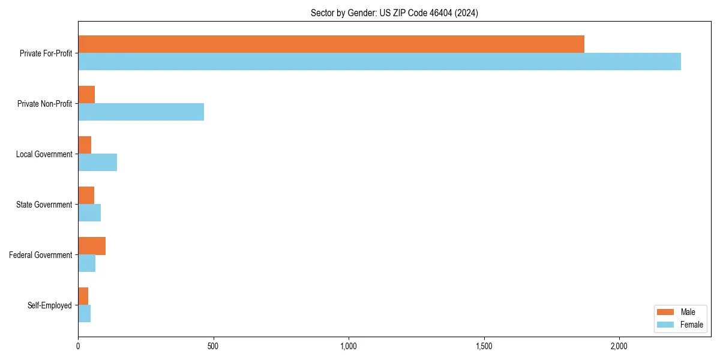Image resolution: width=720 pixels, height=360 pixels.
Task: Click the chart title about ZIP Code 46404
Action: (x=394, y=13)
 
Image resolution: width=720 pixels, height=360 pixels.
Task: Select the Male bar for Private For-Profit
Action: (x=331, y=44)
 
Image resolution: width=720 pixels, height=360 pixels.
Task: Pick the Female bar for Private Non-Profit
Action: (x=141, y=112)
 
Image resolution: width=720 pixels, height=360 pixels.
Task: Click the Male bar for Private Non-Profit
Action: (x=86, y=95)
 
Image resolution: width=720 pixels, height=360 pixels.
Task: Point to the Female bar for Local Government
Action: (x=97, y=163)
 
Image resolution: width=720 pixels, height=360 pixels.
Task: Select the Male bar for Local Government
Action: (x=85, y=145)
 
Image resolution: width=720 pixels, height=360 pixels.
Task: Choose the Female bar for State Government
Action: (x=89, y=213)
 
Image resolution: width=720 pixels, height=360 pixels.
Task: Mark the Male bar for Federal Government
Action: (x=92, y=246)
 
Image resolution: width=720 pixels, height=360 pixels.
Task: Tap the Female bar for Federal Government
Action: (x=86, y=263)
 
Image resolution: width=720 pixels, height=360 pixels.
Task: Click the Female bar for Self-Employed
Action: (x=84, y=314)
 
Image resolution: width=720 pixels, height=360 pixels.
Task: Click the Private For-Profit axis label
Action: (x=46, y=53)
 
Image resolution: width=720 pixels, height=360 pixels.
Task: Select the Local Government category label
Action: (x=44, y=154)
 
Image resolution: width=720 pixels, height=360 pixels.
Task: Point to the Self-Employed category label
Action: (x=49, y=305)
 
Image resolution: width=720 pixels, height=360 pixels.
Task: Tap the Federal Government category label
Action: (x=40, y=255)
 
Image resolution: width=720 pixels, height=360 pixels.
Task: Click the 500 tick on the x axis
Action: (x=213, y=346)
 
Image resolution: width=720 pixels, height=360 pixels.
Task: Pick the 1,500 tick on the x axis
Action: (x=484, y=346)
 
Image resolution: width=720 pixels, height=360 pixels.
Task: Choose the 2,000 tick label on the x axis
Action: (x=619, y=346)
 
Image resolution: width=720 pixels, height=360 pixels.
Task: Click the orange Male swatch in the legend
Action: (x=665, y=312)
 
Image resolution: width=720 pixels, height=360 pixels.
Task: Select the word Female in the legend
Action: (x=692, y=325)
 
